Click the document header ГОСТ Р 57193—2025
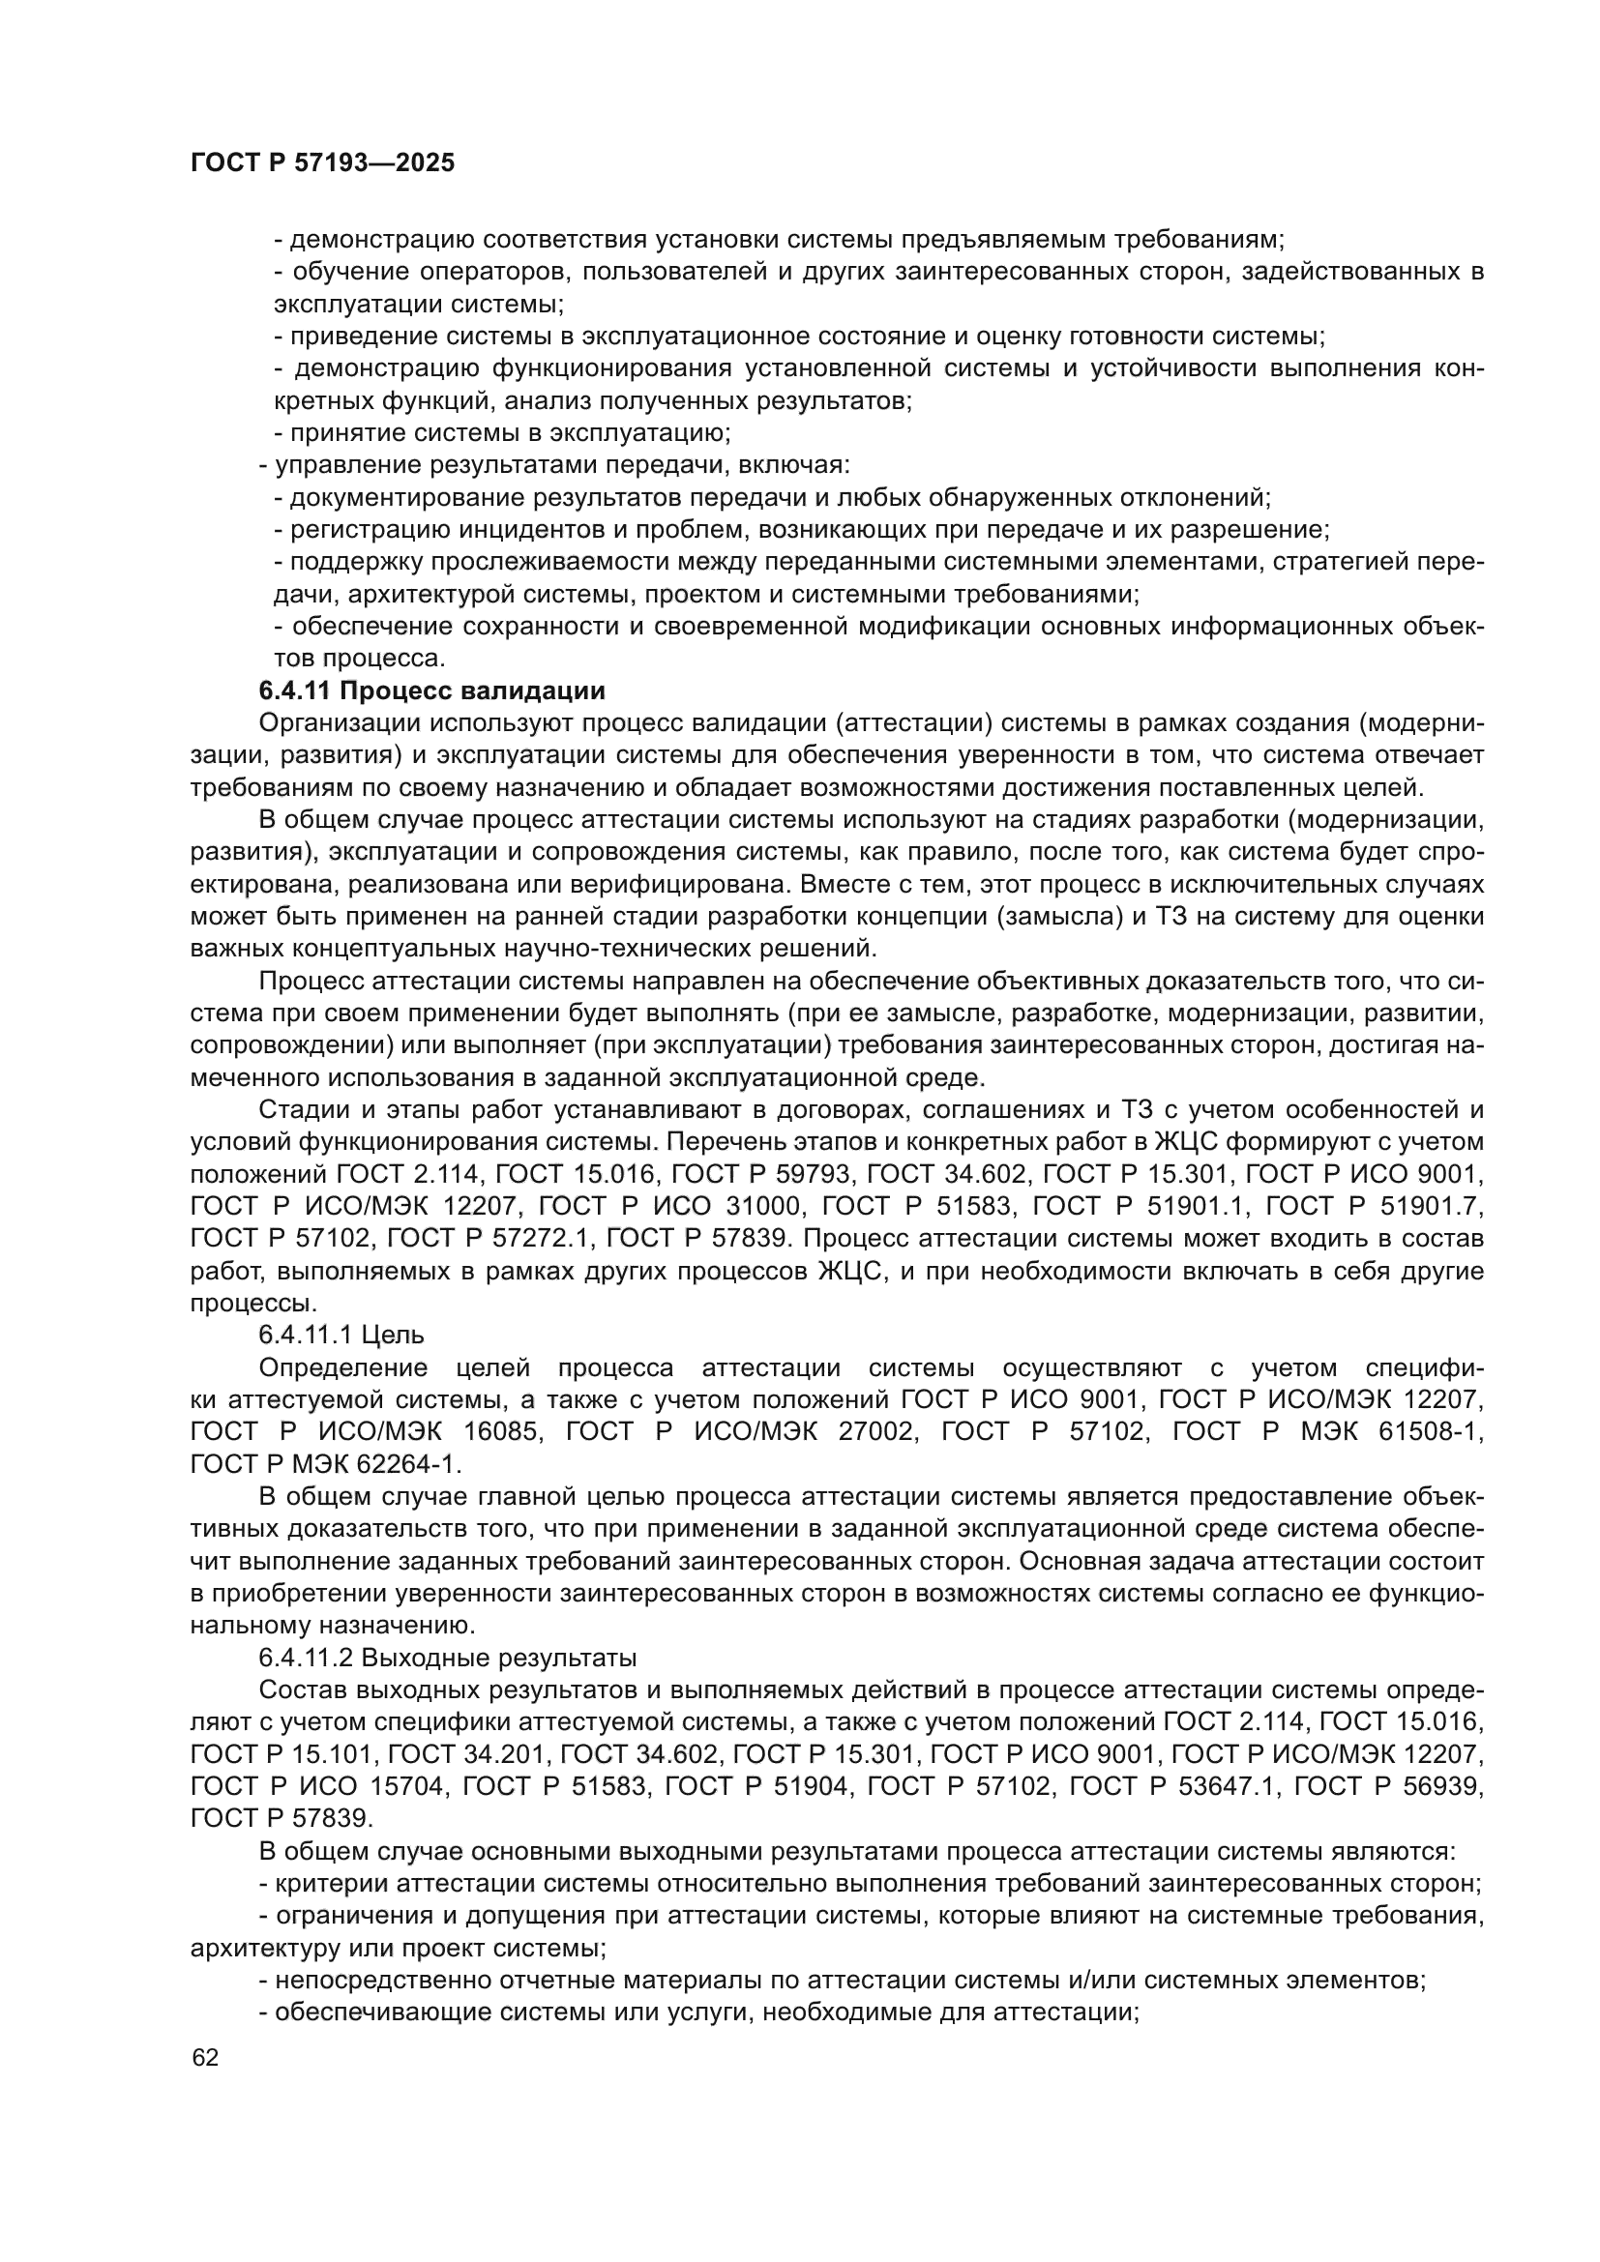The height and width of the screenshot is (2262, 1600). click(322, 163)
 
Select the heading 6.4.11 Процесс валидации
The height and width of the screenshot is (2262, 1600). click(431, 690)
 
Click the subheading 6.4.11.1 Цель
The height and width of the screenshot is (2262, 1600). click(341, 1335)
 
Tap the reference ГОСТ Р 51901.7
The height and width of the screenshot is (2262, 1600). click(1374, 1206)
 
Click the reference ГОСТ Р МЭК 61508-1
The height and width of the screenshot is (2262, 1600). click(1328, 1431)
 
